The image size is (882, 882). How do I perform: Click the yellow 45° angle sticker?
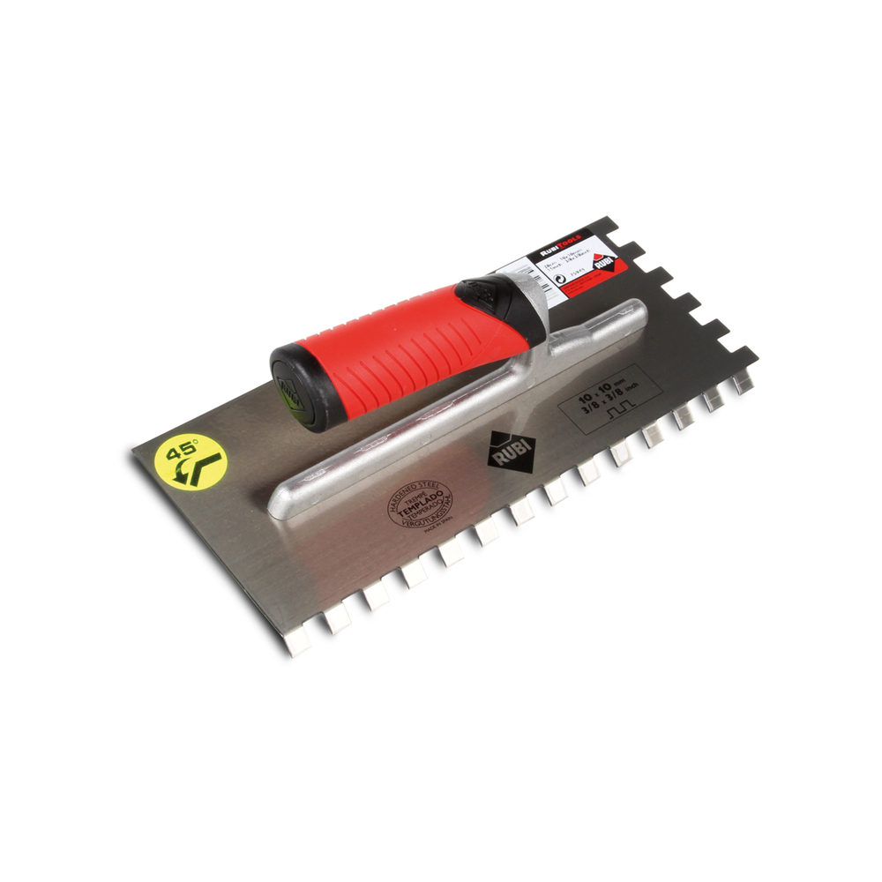pyautogui.click(x=190, y=460)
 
